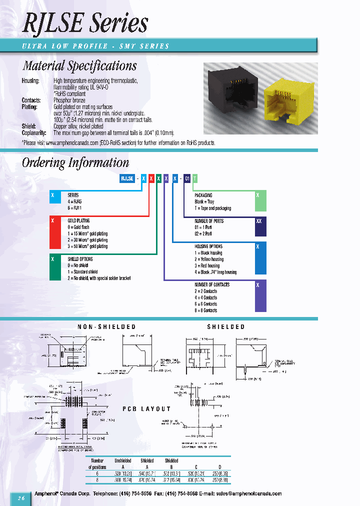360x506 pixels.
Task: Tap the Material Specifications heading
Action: (79, 65)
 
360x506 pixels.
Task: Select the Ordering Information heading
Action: (75, 162)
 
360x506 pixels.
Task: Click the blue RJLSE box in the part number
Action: (127, 178)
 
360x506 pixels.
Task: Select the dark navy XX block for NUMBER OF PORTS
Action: (258, 226)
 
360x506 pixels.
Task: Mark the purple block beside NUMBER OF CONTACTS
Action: (258, 296)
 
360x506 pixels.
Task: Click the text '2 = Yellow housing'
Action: (209, 259)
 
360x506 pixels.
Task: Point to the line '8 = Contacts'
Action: (206, 310)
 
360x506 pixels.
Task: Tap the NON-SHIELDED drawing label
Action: (106, 326)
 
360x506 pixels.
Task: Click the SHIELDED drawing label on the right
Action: (226, 326)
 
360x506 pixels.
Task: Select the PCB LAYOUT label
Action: (146, 408)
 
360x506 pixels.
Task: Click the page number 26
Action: (21, 498)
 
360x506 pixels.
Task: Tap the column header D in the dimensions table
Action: (220, 466)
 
